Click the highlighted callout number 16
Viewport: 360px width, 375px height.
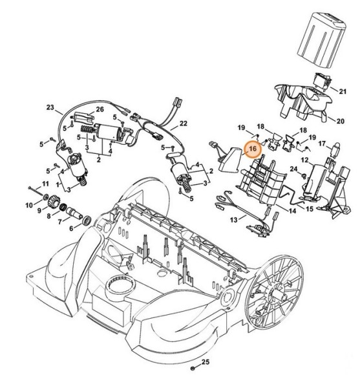coord(253,149)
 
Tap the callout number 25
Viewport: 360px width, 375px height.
coord(206,362)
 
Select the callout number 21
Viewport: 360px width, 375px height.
coord(343,91)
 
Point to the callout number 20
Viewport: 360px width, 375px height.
coord(340,121)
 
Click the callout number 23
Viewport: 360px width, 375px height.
coord(50,107)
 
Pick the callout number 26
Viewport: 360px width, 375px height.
coord(100,109)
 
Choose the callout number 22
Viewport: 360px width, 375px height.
coord(184,123)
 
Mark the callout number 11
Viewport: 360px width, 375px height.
coord(45,184)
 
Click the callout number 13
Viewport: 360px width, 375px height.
coord(234,220)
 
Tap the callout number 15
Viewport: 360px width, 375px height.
coord(310,209)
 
